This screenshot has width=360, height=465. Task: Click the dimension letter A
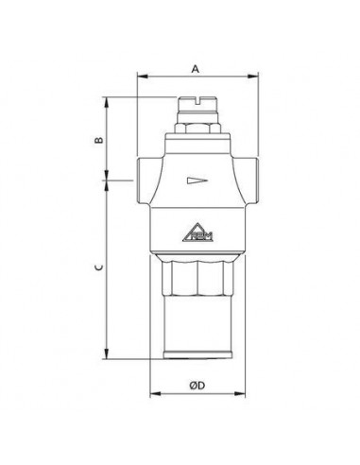195,68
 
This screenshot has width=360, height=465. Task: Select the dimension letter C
97,268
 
